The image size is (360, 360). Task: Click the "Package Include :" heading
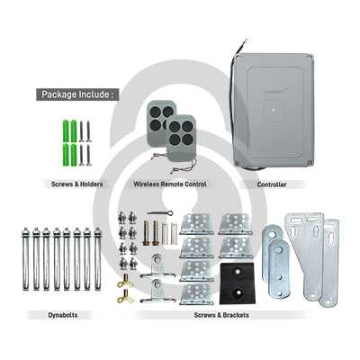point(77,94)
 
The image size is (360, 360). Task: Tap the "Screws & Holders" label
point(76,184)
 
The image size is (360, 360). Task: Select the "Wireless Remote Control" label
point(170,184)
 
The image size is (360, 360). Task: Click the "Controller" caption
point(272,184)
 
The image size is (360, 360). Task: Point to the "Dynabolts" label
point(63,315)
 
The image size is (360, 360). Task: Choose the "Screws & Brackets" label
point(221,315)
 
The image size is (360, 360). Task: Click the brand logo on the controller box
point(275,91)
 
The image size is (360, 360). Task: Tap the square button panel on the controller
point(274,111)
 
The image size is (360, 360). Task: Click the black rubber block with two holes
point(238,283)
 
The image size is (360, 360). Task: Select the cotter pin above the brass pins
point(160,213)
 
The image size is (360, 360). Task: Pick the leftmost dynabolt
point(26,259)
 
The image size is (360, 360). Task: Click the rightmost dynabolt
point(97,259)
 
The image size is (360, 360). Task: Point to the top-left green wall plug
point(65,131)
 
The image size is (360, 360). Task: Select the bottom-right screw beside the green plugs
point(88,155)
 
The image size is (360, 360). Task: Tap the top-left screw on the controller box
point(238,57)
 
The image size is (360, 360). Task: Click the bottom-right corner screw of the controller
point(310,162)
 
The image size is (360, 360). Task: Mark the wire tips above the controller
point(246,41)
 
